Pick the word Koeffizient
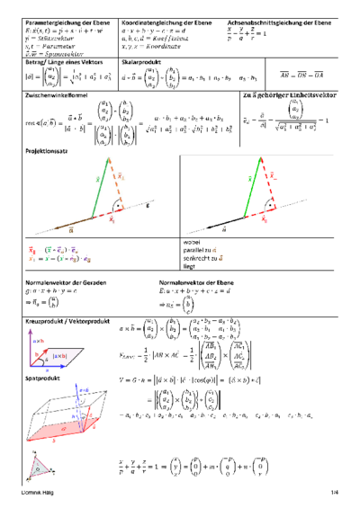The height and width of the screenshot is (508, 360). pos(181,37)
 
